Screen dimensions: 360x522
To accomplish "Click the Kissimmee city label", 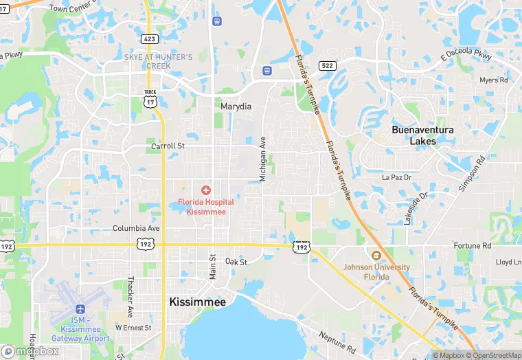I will tap(197, 302).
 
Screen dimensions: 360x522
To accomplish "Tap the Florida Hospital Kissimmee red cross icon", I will tap(205, 190).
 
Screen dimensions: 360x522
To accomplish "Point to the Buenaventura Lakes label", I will tap(423, 135).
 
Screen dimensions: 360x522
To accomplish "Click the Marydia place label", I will tap(236, 106).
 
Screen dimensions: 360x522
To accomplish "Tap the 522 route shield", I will tap(326, 65).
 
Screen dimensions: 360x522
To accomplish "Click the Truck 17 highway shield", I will tap(150, 98).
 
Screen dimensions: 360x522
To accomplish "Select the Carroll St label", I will tap(168, 146).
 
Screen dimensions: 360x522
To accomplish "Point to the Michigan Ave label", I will tap(262, 159).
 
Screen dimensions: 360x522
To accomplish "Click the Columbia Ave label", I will tap(136, 228).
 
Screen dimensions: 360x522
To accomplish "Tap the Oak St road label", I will tap(236, 262).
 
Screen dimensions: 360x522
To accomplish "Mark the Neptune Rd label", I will tap(336, 337).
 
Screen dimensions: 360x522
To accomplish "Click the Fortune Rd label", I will tap(472, 245).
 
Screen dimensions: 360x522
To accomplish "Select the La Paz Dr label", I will tap(396, 177).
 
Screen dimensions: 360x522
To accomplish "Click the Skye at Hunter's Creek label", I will tap(158, 61).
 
